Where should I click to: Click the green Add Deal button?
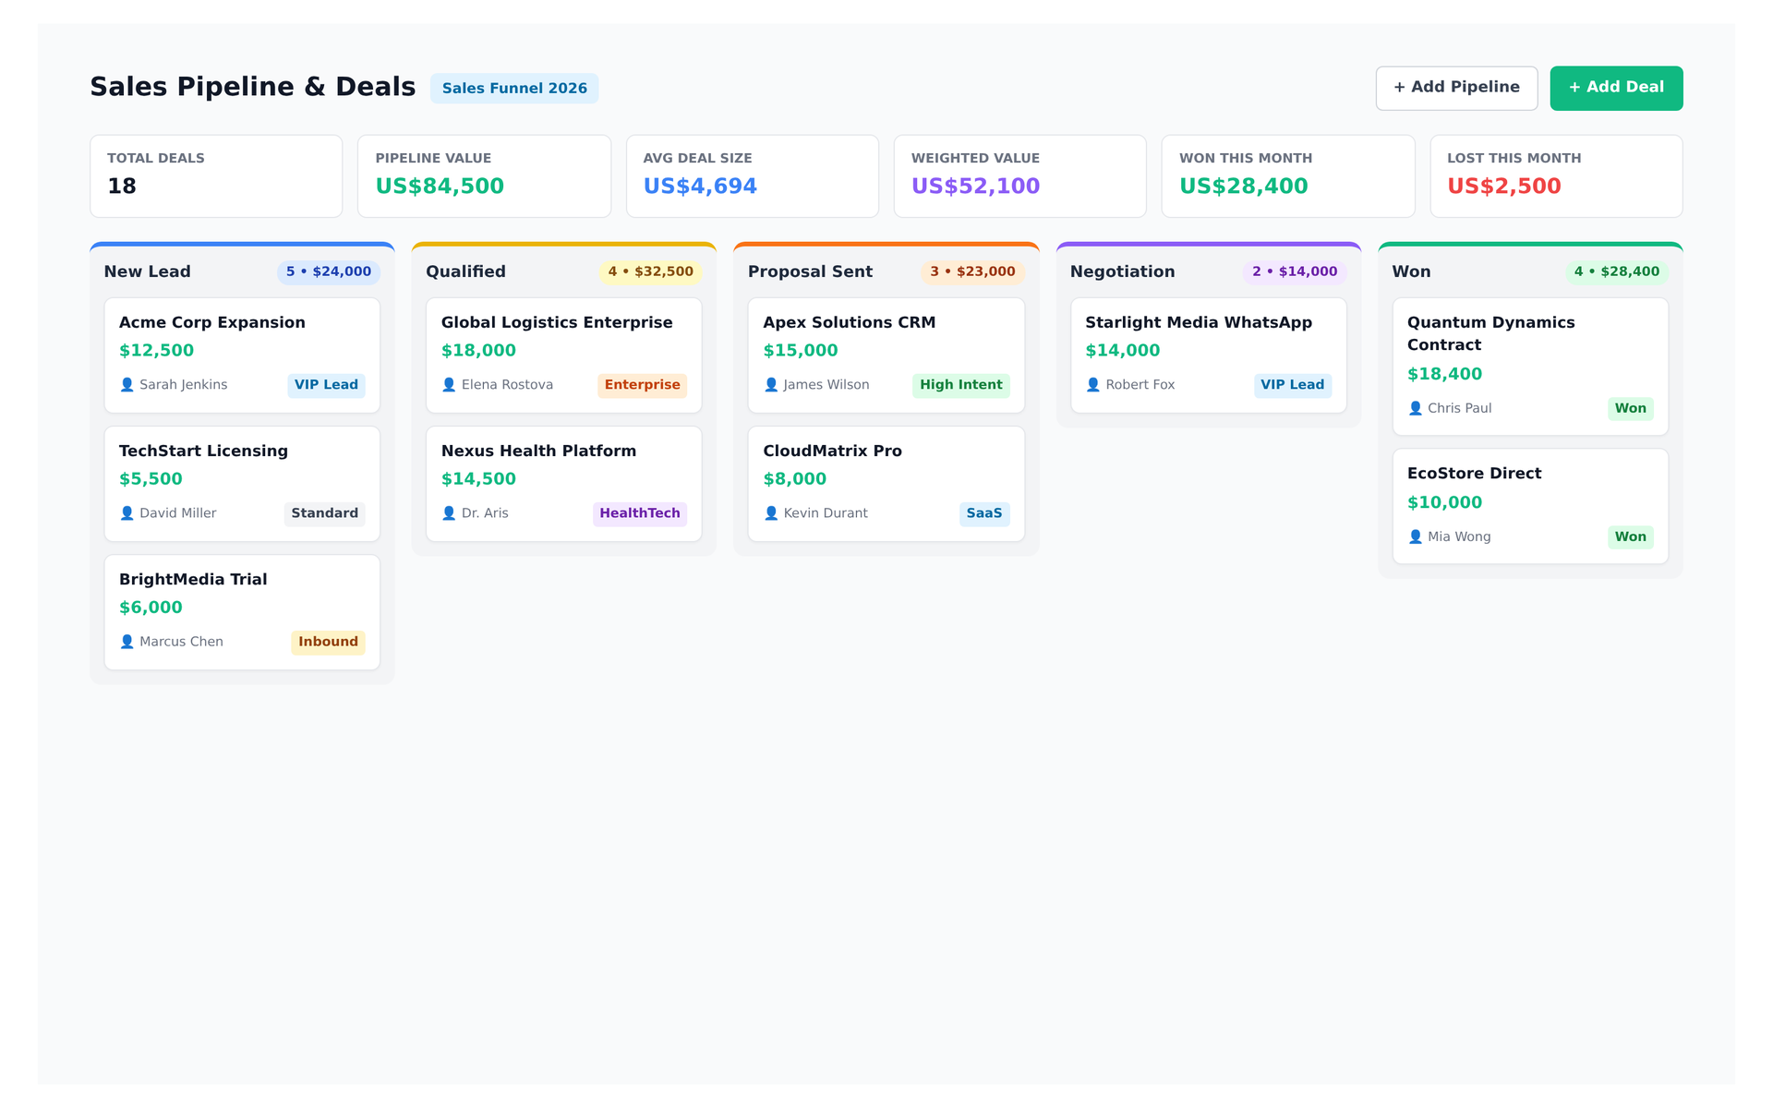pos(1616,88)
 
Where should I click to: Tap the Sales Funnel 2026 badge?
pos(514,89)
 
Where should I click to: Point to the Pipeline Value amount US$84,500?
pos(440,187)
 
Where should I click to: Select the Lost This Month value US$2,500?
pos(1503,187)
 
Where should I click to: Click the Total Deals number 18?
pos(122,187)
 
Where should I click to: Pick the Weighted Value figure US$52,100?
pos(975,187)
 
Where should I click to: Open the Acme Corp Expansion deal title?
pos(212,322)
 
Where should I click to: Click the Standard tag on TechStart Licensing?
pos(324,513)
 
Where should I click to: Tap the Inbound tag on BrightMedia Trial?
pos(328,642)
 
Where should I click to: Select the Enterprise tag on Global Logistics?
pos(642,385)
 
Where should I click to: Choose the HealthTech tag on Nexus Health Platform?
pos(639,513)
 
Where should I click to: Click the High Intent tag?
pos(960,385)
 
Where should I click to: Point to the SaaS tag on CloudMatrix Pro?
pos(984,513)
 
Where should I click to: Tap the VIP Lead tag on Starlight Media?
pos(1292,385)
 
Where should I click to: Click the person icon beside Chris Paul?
pos(1415,408)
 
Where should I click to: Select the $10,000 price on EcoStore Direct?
pos(1444,503)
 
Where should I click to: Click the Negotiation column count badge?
pos(1295,272)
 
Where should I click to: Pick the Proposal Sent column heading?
pos(810,272)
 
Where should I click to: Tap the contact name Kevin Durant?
pos(826,513)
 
